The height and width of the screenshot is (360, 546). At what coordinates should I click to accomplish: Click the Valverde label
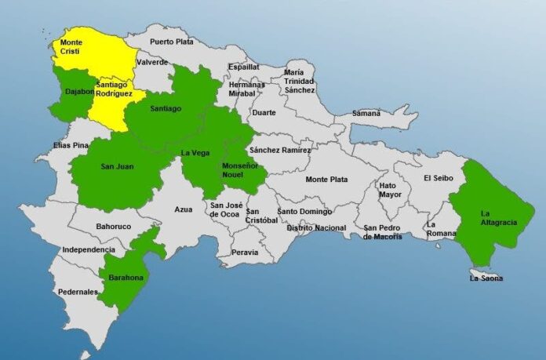151,62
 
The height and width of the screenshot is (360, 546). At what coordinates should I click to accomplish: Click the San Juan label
116,165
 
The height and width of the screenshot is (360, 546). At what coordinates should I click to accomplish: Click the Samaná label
366,113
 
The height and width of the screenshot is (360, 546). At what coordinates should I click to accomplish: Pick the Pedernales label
78,292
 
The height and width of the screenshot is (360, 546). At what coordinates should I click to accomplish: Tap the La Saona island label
486,278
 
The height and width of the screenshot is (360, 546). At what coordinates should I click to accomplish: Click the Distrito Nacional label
316,227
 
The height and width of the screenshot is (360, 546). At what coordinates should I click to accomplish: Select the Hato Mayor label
390,190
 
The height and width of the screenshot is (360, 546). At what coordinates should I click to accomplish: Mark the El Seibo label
438,178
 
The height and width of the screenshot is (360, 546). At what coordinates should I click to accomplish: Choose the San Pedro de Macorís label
383,232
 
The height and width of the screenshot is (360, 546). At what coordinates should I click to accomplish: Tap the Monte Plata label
326,180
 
